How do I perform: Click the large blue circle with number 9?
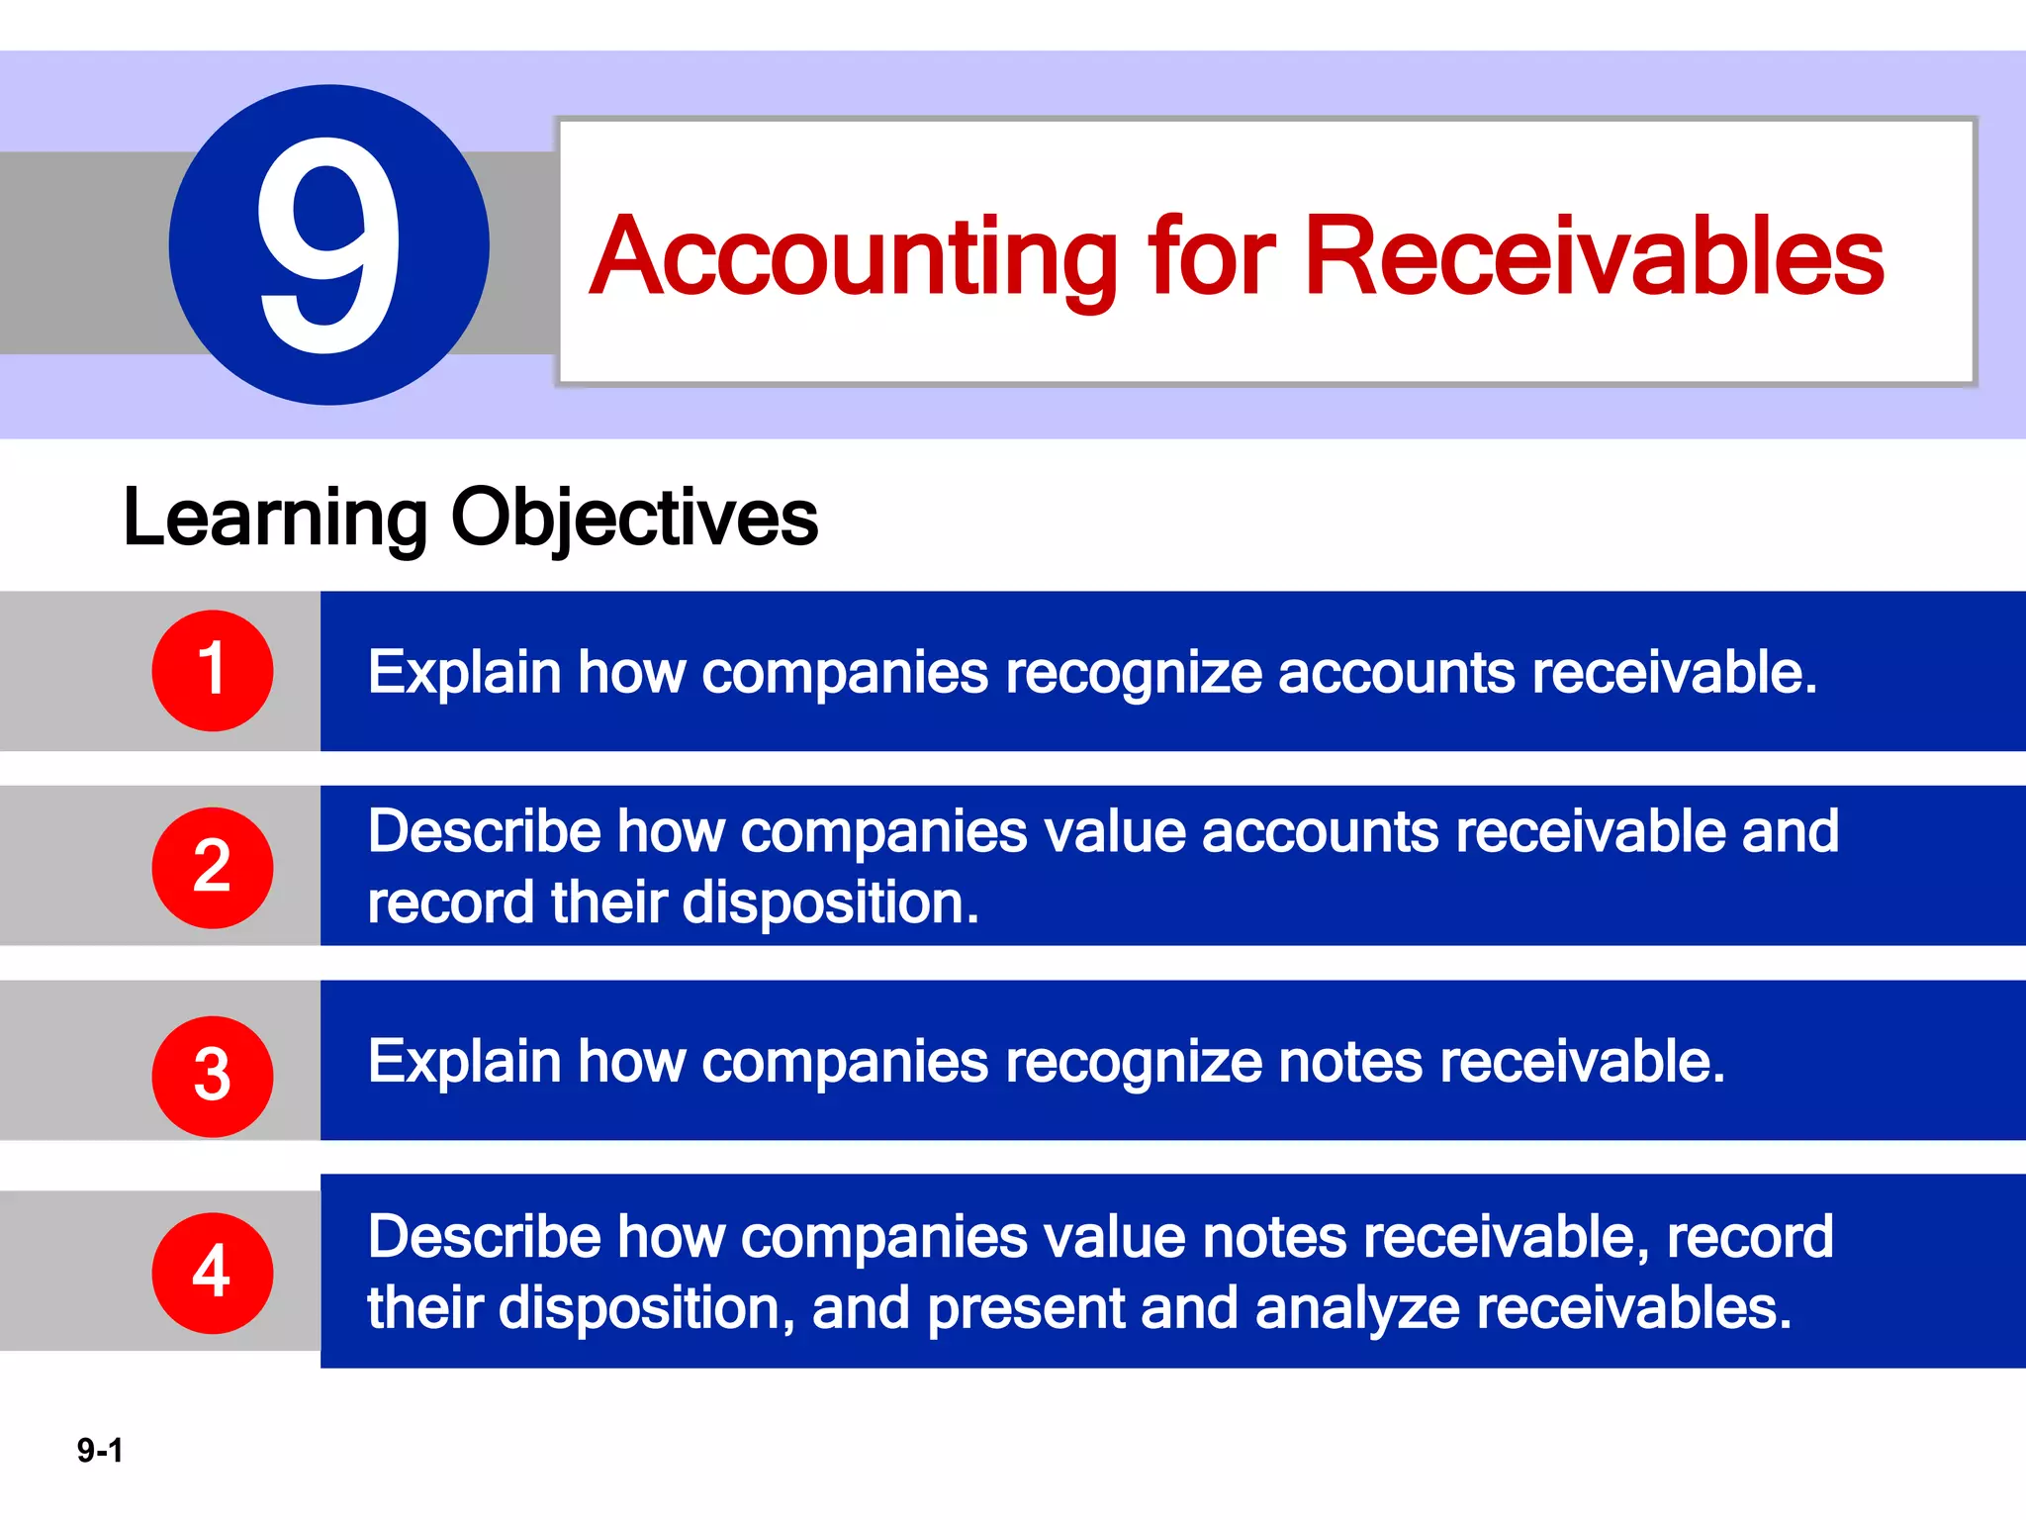tap(328, 244)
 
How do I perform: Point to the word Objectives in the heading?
tap(634, 519)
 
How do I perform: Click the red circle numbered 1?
tap(212, 670)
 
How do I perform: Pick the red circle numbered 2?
tap(212, 867)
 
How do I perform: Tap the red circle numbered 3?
tap(212, 1076)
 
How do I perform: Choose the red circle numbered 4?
tap(212, 1273)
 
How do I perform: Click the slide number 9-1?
tap(100, 1451)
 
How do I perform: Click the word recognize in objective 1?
tap(1133, 674)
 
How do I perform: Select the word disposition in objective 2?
tap(829, 903)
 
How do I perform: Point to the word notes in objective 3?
tap(1350, 1062)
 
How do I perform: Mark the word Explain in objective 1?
tap(464, 673)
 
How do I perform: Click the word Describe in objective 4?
tap(484, 1237)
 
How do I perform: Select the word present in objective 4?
tap(1025, 1308)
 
